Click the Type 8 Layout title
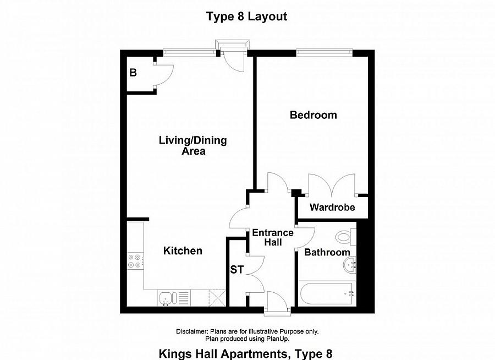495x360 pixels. (x=247, y=17)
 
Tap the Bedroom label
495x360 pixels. (x=313, y=115)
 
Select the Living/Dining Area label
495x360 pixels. (x=193, y=145)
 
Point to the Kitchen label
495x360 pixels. (x=183, y=251)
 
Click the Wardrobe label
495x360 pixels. (x=332, y=208)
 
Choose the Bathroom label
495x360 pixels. (x=327, y=252)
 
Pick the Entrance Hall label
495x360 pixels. (x=273, y=237)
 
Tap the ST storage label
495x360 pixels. (x=237, y=270)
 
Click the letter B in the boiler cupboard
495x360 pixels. (x=133, y=72)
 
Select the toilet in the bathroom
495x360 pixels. (x=344, y=237)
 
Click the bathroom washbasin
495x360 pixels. (x=350, y=266)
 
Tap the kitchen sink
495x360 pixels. (x=167, y=298)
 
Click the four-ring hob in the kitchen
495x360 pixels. (x=135, y=260)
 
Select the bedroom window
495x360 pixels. (x=324, y=52)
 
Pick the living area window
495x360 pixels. (x=188, y=52)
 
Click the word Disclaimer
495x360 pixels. (x=191, y=331)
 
